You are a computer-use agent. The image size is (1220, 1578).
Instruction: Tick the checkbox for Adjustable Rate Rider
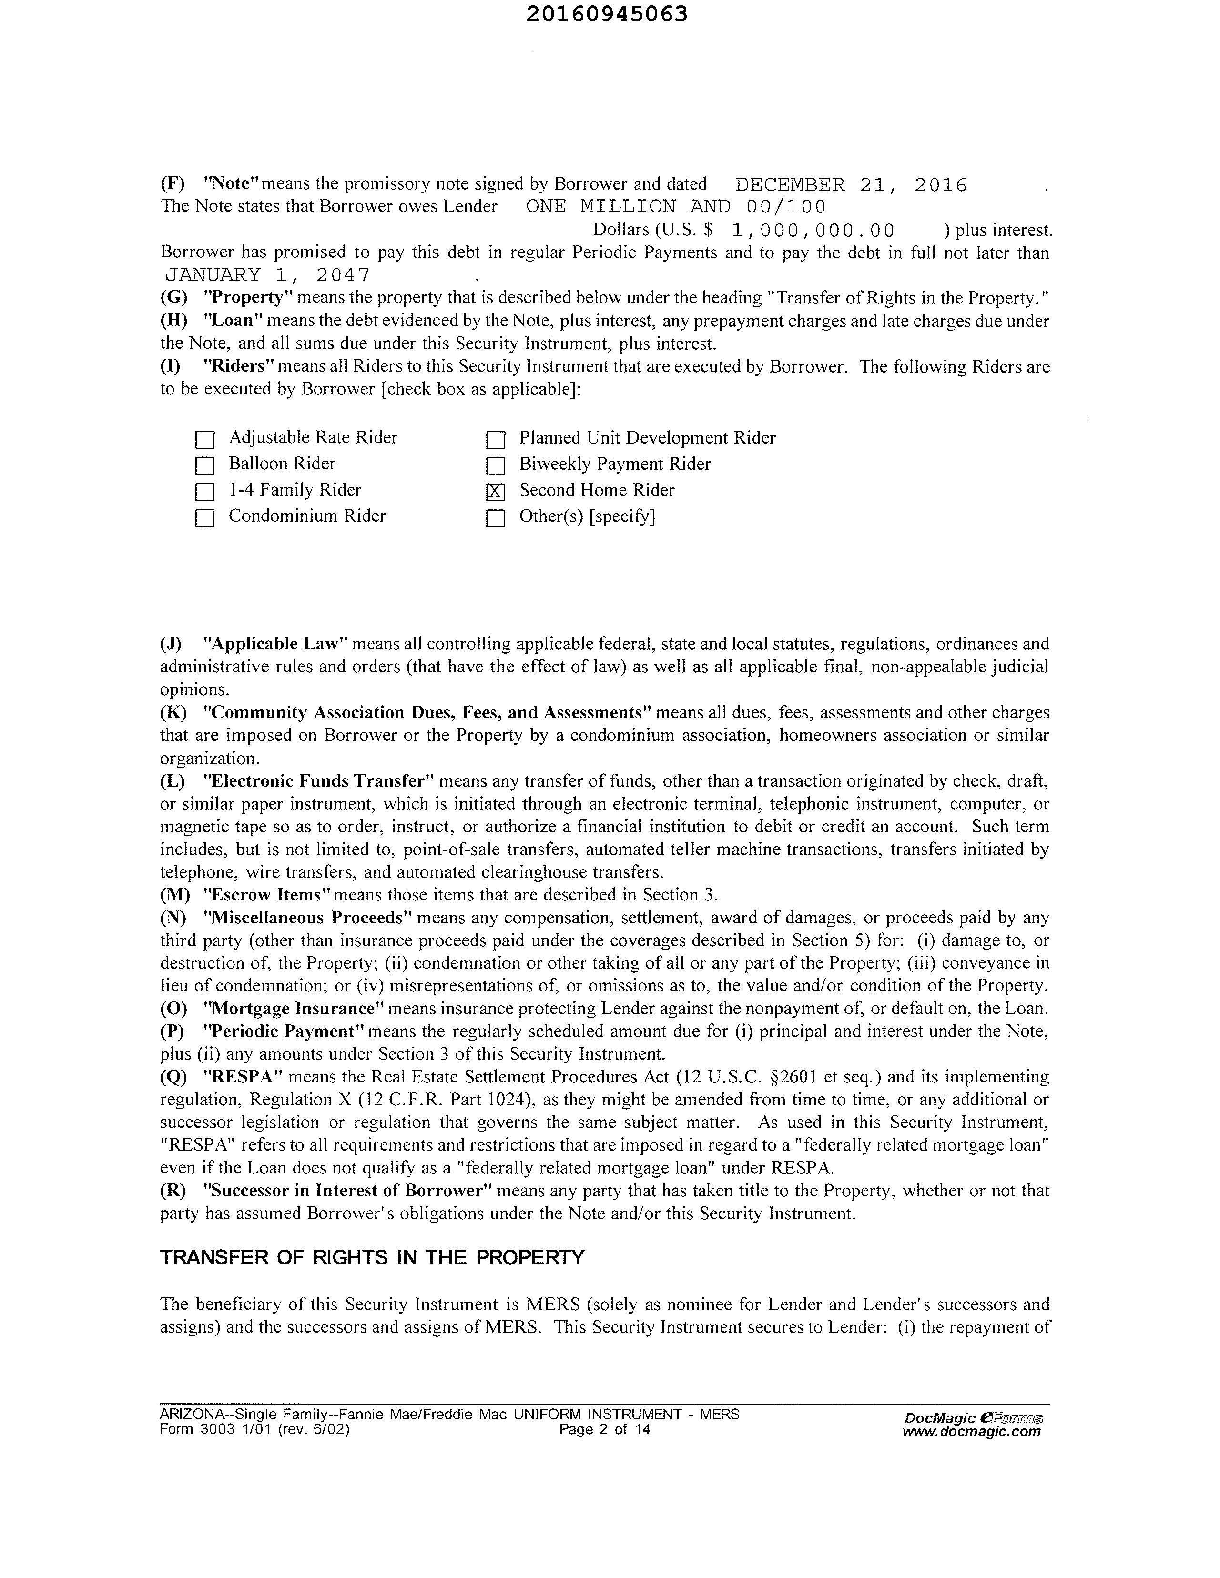point(205,440)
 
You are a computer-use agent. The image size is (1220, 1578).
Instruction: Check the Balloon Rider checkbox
point(205,466)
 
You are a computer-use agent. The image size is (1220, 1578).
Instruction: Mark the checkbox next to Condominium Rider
point(205,518)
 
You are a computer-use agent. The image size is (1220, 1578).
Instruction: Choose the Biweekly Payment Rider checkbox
point(495,466)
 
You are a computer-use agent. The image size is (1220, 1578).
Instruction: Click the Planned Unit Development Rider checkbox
point(495,440)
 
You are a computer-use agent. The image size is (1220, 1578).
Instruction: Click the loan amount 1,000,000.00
point(813,231)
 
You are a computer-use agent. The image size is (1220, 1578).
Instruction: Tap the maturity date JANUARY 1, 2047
point(267,275)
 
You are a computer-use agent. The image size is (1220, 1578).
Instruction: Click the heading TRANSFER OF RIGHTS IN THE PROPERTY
point(372,1258)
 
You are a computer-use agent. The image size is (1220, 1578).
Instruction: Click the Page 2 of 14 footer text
point(604,1430)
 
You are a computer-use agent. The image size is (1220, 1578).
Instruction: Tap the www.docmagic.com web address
point(971,1431)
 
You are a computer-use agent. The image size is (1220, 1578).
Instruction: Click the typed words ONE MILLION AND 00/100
point(676,207)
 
